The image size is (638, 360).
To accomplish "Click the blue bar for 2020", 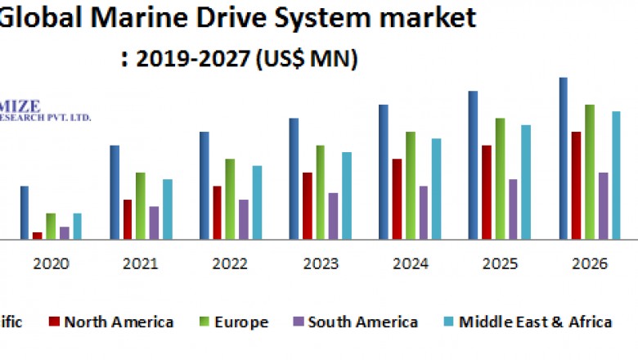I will (25, 213).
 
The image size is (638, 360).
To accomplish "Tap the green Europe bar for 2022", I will (231, 199).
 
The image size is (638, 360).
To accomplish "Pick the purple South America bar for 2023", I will (333, 216).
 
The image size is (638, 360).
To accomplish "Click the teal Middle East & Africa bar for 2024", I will (437, 189).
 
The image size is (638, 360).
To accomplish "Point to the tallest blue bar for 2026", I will (564, 159).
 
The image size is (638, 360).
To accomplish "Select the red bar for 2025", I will (487, 192).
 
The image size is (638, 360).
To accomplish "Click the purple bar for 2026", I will (603, 206).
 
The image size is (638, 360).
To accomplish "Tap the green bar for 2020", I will (51, 227).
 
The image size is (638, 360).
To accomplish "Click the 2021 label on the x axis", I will (140, 263).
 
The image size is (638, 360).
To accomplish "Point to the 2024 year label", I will (410, 263).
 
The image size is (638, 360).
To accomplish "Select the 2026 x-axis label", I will (589, 263).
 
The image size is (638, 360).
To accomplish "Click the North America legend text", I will (119, 322).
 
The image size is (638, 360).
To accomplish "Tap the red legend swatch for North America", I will (55, 322).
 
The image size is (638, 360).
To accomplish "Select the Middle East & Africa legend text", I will (535, 322).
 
